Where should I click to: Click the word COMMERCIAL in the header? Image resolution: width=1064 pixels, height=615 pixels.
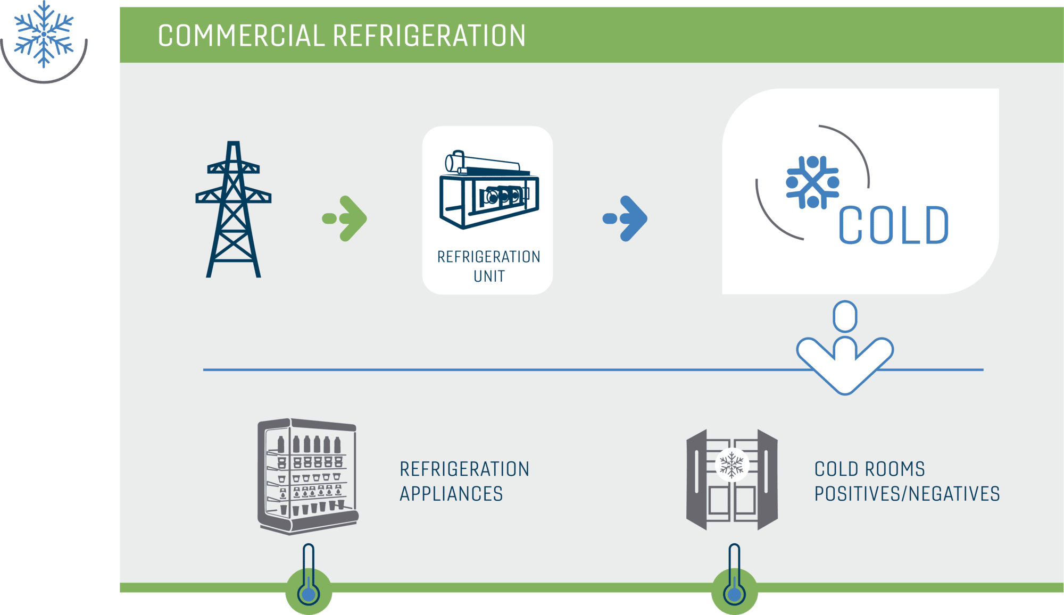click(241, 36)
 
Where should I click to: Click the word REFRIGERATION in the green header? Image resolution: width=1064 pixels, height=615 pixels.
click(429, 36)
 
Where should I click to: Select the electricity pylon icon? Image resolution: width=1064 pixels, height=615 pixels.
click(233, 209)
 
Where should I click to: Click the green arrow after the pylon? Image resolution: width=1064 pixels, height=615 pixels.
click(345, 218)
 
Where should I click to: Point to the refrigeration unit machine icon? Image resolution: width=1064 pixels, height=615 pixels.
click(489, 190)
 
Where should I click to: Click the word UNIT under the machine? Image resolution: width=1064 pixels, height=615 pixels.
click(489, 276)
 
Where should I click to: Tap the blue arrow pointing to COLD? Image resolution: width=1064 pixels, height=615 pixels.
click(625, 218)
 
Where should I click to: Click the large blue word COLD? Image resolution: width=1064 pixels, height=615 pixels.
click(894, 225)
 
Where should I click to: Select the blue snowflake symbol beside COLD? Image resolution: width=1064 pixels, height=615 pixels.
click(812, 182)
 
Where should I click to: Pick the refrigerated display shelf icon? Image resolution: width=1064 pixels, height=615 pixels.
click(308, 476)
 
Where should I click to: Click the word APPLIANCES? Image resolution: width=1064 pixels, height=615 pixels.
click(451, 494)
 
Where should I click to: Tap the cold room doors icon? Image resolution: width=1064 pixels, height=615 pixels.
click(732, 479)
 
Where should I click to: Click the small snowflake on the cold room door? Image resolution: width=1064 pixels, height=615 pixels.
click(732, 465)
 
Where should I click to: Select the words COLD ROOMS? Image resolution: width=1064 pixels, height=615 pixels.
click(870, 469)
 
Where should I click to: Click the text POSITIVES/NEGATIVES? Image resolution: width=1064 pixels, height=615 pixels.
click(907, 494)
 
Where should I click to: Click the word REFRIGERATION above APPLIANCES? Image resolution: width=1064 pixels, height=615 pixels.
click(464, 469)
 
